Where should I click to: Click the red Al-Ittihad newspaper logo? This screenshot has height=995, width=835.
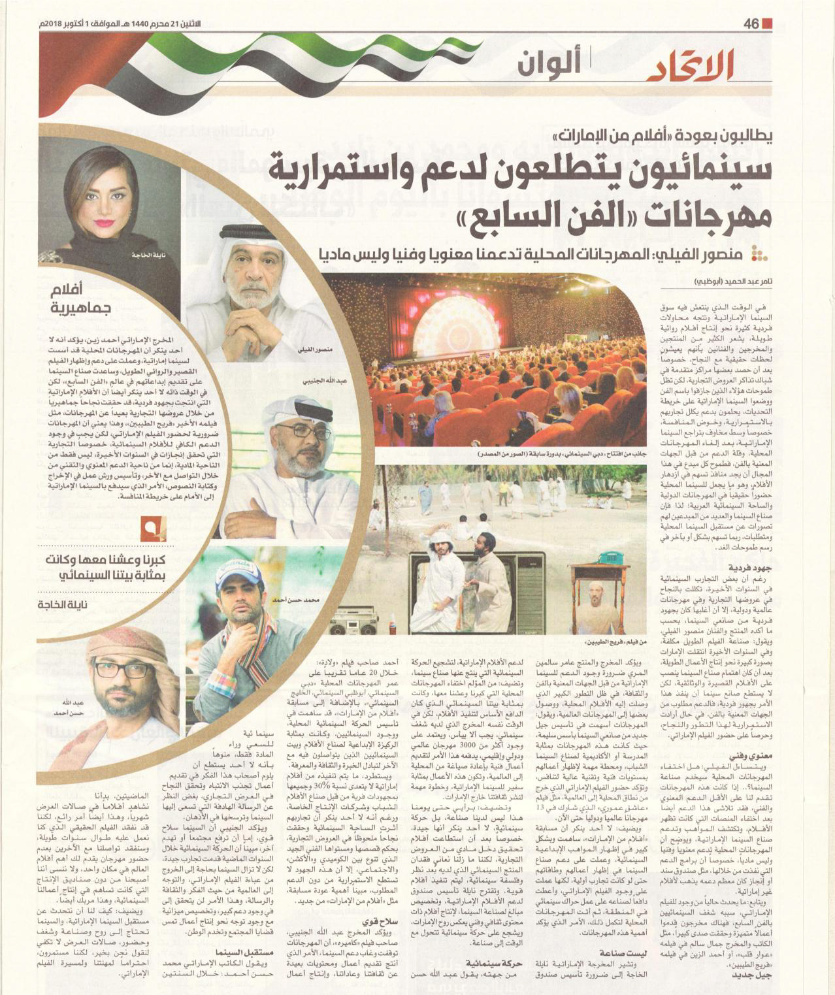[693, 67]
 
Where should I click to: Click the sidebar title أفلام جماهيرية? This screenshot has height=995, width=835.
[85, 298]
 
